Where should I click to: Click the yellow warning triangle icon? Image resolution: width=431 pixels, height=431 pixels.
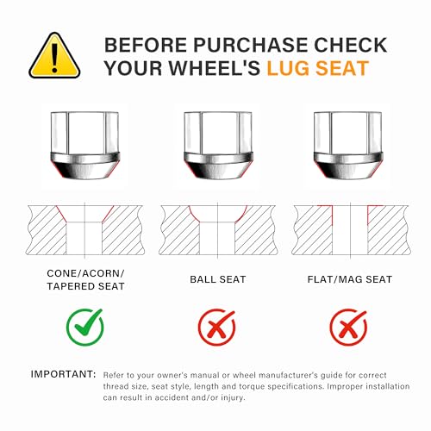pos(54,56)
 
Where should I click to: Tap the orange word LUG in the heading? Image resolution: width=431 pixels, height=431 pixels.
pos(289,68)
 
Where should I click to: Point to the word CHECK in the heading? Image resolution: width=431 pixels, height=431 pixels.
pos(350,45)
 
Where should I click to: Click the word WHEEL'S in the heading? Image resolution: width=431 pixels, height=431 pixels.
pos(215,68)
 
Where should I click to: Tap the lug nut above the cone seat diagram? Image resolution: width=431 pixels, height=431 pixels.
pos(84,146)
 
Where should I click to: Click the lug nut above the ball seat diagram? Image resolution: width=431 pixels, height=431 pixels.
pos(218,146)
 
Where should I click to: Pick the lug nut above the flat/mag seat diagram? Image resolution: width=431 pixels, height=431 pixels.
pos(348,146)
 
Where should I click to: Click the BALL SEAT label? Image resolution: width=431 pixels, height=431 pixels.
pos(218,279)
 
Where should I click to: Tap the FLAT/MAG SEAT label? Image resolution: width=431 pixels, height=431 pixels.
pos(350,279)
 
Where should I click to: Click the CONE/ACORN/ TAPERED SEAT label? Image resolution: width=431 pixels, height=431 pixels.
pos(85,279)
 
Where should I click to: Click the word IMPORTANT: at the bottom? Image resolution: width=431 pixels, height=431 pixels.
pos(63,374)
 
